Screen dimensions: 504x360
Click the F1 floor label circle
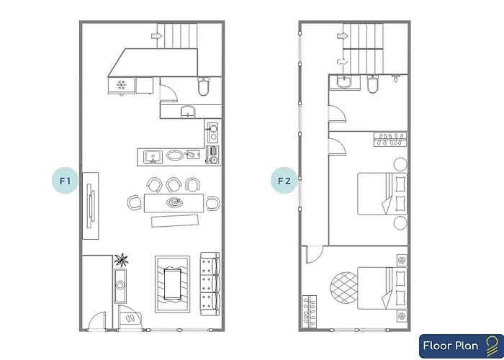(x=65, y=180)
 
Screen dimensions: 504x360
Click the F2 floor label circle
(x=284, y=180)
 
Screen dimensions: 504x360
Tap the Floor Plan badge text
(x=450, y=346)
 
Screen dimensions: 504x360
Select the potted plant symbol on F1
(x=121, y=260)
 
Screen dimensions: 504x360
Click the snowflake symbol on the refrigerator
(x=121, y=85)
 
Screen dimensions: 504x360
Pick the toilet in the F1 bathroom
(x=203, y=86)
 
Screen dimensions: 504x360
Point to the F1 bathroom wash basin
(x=188, y=111)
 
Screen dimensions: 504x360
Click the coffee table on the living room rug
(x=173, y=284)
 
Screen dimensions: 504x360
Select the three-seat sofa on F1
(x=210, y=284)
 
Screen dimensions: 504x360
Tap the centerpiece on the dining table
(x=174, y=202)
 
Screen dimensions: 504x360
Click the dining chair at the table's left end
(x=135, y=203)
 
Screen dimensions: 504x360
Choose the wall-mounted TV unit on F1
(x=91, y=206)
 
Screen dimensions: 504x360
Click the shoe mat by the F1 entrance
(x=130, y=318)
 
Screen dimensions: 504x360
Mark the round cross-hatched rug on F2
(x=344, y=288)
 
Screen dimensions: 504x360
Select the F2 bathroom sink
(x=345, y=82)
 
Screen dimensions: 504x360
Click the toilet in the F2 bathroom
(x=372, y=84)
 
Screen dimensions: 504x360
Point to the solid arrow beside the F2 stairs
(x=341, y=36)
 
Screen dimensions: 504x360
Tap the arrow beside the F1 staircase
(x=156, y=36)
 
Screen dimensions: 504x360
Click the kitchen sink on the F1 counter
(x=153, y=157)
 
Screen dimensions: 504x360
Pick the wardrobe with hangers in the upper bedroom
(x=390, y=140)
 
